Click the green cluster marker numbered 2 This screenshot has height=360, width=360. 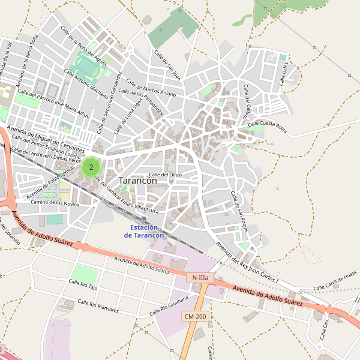click(x=91, y=167)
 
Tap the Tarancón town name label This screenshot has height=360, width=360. click(x=138, y=180)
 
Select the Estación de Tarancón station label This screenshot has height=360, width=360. click(x=144, y=232)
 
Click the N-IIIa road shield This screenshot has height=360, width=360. click(x=199, y=278)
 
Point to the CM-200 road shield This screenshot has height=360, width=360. click(x=196, y=316)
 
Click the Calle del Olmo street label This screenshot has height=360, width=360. click(x=165, y=175)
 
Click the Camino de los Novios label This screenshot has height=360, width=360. click(x=55, y=203)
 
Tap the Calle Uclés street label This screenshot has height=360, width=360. click(x=285, y=74)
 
